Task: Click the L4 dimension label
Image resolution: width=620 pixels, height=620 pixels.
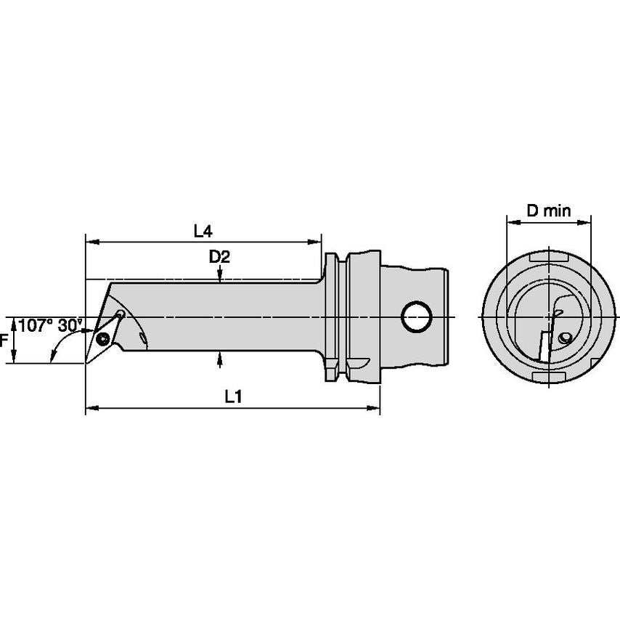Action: tap(203, 232)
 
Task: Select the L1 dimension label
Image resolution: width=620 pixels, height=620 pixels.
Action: tap(233, 396)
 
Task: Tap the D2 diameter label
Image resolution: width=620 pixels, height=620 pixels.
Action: tap(219, 258)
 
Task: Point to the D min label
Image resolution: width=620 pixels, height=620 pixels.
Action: tap(549, 211)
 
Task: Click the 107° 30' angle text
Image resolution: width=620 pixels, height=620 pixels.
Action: tap(49, 325)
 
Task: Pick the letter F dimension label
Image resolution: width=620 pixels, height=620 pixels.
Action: tap(4, 340)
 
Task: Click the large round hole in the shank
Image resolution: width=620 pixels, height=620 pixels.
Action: tap(416, 317)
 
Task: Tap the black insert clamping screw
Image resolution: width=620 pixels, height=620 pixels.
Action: tap(103, 339)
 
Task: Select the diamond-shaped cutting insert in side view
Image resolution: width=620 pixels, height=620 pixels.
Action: tap(103, 338)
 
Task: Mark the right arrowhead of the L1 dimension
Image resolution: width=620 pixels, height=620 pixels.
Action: tap(373, 408)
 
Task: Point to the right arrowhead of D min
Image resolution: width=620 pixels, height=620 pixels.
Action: tap(584, 223)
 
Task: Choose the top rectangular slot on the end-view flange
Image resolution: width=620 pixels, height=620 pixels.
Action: tap(549, 258)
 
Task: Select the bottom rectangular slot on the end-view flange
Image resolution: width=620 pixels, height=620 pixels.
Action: tap(549, 377)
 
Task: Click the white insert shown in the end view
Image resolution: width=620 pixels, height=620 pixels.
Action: tap(545, 346)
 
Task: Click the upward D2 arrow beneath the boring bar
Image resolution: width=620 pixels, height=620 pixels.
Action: tap(220, 358)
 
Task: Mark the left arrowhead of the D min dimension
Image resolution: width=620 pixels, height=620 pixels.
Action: tap(513, 223)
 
